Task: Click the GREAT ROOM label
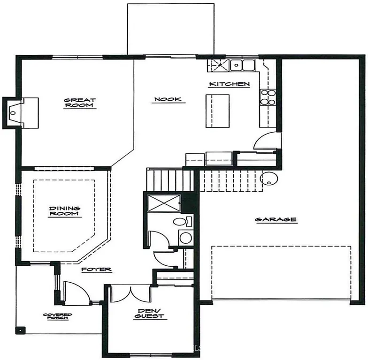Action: [80, 103]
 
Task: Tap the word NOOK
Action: [167, 100]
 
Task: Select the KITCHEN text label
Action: [229, 84]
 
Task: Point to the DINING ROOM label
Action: [65, 211]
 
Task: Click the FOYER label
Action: [96, 270]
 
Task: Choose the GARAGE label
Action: [276, 219]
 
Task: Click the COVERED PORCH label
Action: [57, 317]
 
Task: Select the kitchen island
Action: [217, 111]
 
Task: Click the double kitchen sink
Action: [243, 65]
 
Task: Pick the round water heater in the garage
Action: [269, 179]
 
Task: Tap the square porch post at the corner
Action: [20, 330]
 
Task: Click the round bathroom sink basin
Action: [185, 238]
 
